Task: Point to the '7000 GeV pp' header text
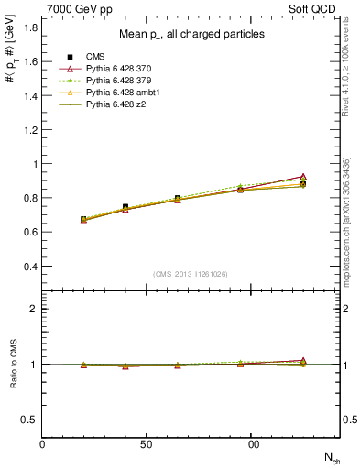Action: click(x=74, y=7)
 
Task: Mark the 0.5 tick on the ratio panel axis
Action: click(x=30, y=420)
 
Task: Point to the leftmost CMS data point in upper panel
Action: click(x=83, y=219)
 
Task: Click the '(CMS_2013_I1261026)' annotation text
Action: click(x=191, y=273)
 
